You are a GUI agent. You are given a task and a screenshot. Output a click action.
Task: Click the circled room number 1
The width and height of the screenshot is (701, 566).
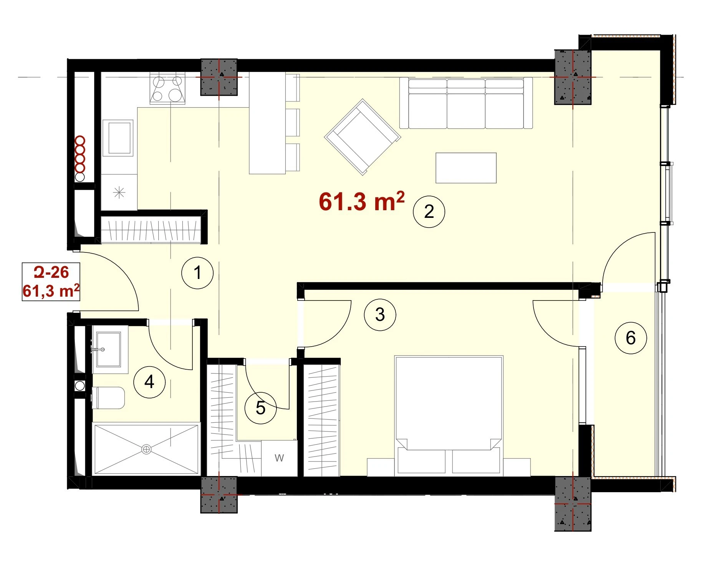pyautogui.click(x=197, y=273)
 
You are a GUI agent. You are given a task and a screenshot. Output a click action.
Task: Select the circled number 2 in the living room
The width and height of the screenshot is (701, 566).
pyautogui.click(x=429, y=212)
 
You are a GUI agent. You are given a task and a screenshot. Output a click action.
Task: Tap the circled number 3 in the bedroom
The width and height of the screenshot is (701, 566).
pyautogui.click(x=380, y=315)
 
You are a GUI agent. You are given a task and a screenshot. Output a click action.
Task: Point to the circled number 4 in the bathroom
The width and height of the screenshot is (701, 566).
pyautogui.click(x=149, y=382)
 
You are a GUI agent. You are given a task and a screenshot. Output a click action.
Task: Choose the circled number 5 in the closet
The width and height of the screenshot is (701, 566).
pyautogui.click(x=261, y=408)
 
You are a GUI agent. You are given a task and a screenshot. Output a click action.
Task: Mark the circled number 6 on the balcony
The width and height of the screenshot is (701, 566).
pyautogui.click(x=631, y=338)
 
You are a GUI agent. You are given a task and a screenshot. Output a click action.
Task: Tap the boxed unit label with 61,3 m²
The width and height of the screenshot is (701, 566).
pyautogui.click(x=51, y=282)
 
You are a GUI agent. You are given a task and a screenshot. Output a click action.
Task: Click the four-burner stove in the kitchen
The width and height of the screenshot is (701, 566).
pyautogui.click(x=167, y=88)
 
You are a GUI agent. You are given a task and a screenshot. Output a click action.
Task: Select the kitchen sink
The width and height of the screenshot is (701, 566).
pyautogui.click(x=118, y=138)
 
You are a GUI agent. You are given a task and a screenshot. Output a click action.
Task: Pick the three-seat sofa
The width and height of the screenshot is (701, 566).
pyautogui.click(x=466, y=103)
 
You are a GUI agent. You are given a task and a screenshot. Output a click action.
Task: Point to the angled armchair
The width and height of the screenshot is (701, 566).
pyautogui.click(x=363, y=137)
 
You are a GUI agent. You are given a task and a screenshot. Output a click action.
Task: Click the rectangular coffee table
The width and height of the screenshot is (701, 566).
pyautogui.click(x=466, y=168)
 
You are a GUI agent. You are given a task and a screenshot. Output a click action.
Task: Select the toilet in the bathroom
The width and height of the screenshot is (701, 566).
pyautogui.click(x=108, y=398)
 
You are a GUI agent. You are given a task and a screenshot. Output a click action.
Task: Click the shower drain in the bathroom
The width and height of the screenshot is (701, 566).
pyautogui.click(x=146, y=449)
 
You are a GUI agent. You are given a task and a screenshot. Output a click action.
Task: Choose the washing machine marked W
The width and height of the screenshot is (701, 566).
pyautogui.click(x=279, y=458)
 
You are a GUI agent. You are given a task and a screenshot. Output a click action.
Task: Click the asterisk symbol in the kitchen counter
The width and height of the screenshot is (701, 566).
pyautogui.click(x=119, y=192)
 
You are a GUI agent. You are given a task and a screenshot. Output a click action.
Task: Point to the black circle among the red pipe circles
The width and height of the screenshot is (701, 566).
pyautogui.click(x=80, y=177)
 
